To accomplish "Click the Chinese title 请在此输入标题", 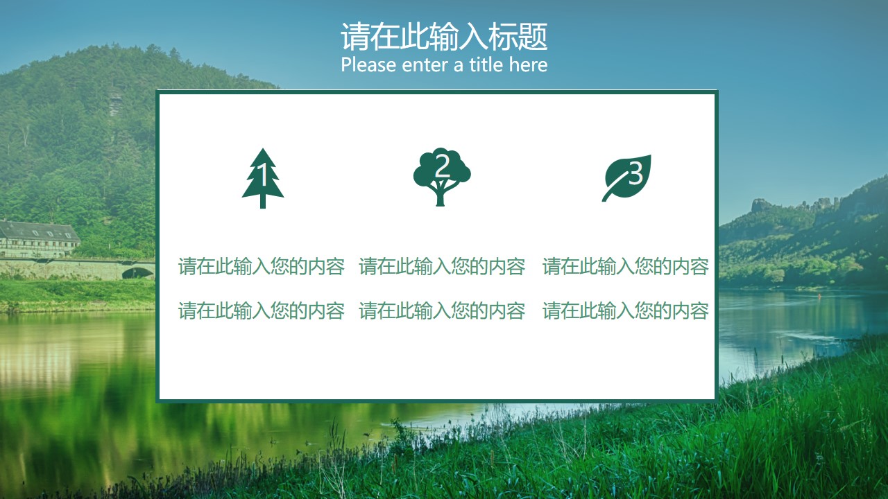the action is pos(444,37).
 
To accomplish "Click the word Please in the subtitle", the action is pos(368,65).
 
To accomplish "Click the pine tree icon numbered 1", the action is pos(263,178).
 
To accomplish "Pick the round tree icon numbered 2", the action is pos(442,177).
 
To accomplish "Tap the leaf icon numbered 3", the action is pos(626,178).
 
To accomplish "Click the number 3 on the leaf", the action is pos(635,173).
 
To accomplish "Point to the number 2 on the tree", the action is pos(442,166).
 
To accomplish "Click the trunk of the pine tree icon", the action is pos(263,202).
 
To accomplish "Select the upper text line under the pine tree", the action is pos(262,266).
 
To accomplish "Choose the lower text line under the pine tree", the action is pos(262,310).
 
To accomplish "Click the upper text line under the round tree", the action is pos(442,266).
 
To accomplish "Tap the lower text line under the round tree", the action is pos(442,310).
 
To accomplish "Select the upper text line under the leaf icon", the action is pos(626,266).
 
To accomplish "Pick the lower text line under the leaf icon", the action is pos(626,310).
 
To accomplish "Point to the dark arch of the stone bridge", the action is pos(137,273).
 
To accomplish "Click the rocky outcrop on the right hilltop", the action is pos(762,205).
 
